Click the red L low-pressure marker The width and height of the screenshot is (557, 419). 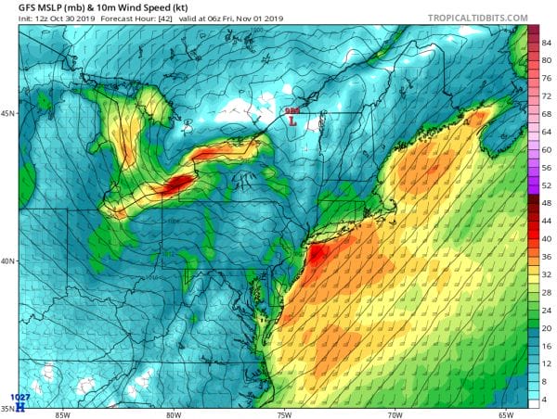[x=293, y=121]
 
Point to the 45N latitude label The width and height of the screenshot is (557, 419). [x=8, y=114]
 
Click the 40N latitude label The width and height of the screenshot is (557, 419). [x=8, y=260]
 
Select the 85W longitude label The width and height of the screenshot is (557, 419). [x=62, y=413]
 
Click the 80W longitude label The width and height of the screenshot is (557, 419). [x=174, y=413]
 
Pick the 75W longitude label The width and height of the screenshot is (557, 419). [x=284, y=413]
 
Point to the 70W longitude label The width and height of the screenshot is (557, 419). [x=395, y=413]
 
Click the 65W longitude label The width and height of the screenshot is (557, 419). [x=506, y=413]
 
